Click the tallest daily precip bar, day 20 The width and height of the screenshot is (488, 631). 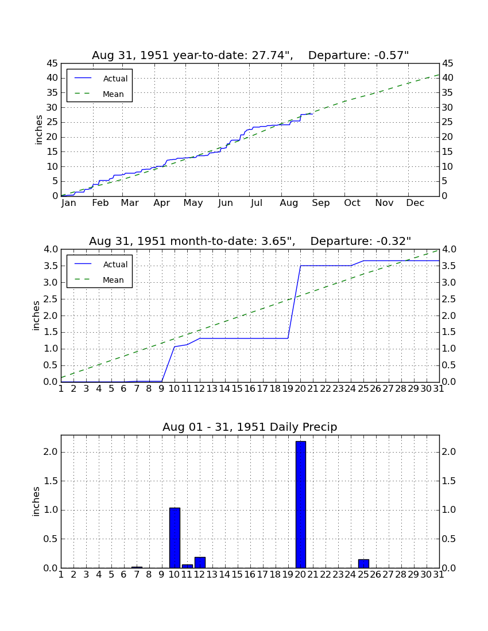(300, 504)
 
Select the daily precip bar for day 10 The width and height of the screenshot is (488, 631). (175, 537)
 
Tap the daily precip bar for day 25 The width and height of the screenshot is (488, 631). (363, 563)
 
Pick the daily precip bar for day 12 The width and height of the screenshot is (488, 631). (200, 563)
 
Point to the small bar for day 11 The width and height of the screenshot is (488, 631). (187, 566)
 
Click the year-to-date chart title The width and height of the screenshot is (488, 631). (250, 55)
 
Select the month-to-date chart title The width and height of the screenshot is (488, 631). (250, 241)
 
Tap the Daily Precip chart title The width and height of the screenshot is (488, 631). (250, 427)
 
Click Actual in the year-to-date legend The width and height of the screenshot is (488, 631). (115, 79)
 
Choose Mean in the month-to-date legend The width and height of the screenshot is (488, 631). (113, 280)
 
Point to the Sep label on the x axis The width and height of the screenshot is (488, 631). (320, 203)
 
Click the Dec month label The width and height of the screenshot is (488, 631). (415, 203)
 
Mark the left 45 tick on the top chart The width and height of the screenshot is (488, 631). (53, 64)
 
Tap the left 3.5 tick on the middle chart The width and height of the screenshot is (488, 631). (51, 266)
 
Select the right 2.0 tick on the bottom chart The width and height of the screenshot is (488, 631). (449, 452)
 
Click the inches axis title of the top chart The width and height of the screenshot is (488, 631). (38, 130)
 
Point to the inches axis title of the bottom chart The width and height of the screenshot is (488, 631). (36, 501)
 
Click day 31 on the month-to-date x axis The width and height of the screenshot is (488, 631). (439, 389)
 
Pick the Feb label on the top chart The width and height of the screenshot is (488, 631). (100, 203)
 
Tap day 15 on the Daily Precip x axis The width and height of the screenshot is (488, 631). (237, 575)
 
